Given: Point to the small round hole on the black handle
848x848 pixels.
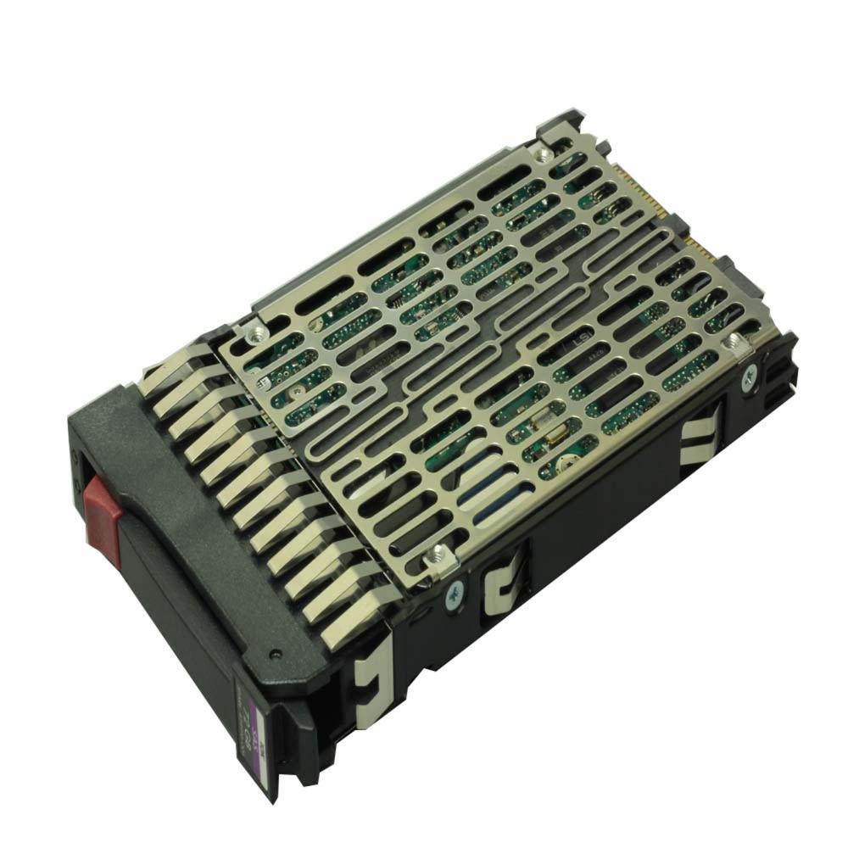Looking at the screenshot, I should point(275,655).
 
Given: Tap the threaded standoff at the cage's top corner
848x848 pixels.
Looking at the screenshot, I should point(541,153).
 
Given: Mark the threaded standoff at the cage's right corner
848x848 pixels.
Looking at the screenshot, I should point(731,343).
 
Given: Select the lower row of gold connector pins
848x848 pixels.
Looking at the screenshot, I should point(704,249).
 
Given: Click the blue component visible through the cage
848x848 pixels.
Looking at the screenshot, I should point(492,479).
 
